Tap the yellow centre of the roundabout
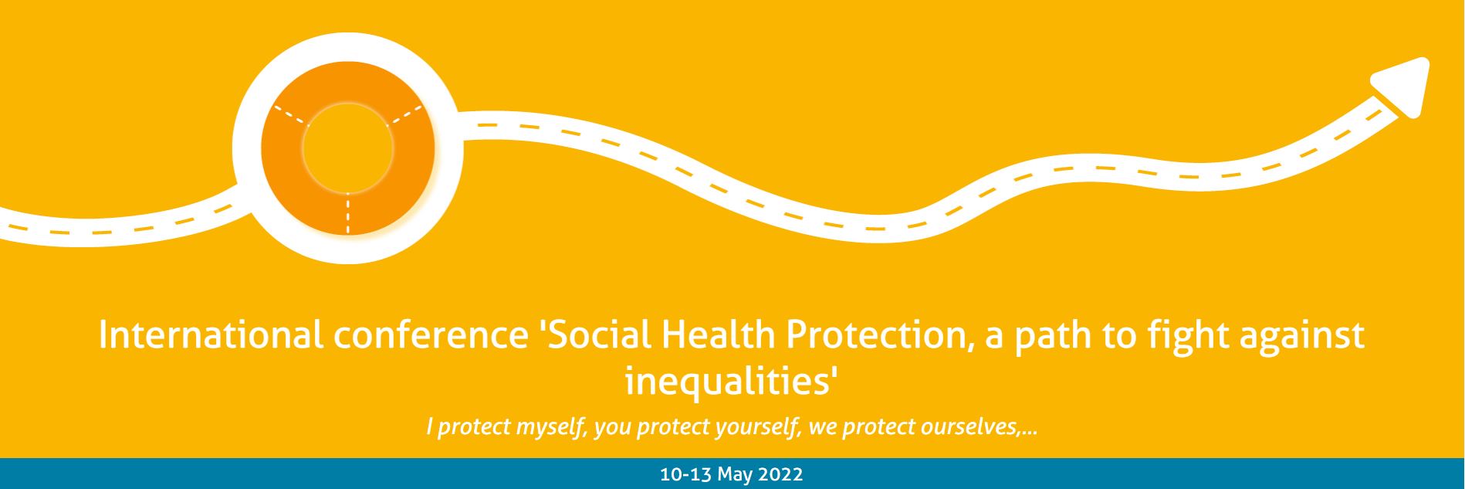coord(347,148)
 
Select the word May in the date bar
coord(736,474)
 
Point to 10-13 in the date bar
coord(686,474)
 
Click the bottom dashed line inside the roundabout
coord(348,212)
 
